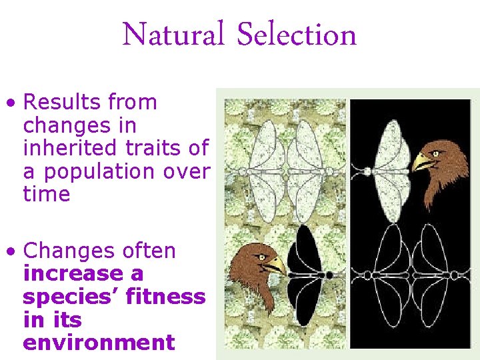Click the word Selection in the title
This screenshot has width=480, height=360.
click(x=297, y=35)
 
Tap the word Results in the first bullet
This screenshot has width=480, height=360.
click(x=59, y=102)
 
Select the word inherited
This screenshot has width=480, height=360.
click(x=69, y=148)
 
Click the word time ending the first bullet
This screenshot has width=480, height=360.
click(x=47, y=194)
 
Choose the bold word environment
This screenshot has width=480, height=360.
click(x=99, y=343)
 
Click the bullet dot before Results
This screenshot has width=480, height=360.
click(x=9, y=103)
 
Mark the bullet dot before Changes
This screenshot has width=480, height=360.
click(x=9, y=252)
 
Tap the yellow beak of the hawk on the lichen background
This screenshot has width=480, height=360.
click(x=275, y=265)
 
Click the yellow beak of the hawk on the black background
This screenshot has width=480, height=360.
click(x=422, y=163)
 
